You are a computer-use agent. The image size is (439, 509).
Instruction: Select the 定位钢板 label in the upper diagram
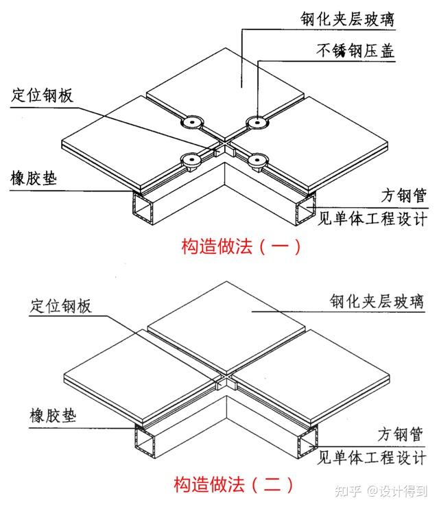(42, 95)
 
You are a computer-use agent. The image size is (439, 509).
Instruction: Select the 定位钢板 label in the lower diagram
(61, 307)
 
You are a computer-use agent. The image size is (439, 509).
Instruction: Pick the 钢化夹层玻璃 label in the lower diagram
(377, 301)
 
